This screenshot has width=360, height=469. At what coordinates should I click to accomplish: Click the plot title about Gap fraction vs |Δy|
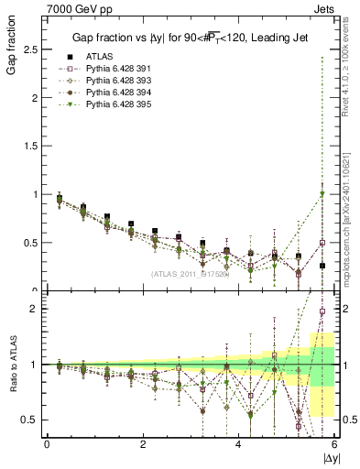190,38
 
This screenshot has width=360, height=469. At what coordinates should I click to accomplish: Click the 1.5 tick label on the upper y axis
29,146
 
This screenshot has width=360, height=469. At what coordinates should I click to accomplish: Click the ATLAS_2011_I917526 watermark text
190,273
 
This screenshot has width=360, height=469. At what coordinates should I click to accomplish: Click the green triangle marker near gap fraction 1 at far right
322,193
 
